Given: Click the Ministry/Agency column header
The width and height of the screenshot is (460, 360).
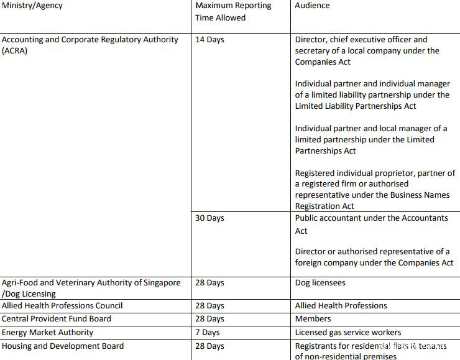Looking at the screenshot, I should point(32,6).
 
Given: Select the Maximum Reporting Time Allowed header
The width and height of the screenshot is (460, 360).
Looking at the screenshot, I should point(233,11).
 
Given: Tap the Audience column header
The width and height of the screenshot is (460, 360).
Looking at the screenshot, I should point(312,6).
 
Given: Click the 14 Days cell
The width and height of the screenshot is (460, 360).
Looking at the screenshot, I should point(209,40).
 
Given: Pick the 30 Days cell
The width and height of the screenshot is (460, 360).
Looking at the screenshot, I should point(209,218).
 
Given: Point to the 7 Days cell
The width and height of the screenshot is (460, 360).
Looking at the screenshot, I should point(207,333).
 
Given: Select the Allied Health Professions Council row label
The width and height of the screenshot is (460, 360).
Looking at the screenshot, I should point(62,306).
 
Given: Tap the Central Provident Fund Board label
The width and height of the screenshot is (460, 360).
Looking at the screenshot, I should point(57,319).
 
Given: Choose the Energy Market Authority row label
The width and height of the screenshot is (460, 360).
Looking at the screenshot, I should point(48,333).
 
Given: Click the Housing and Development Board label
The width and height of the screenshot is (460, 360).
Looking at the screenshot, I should point(63,346).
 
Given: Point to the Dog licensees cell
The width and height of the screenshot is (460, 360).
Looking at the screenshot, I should point(320,283).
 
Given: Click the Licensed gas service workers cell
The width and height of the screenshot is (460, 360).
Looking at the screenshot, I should point(348,333).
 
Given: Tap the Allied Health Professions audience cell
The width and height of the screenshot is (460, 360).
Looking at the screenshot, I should point(341,306).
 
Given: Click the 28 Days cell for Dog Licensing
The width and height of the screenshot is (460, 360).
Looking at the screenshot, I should point(209,283).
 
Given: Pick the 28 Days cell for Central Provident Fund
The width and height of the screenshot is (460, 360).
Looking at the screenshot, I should point(209,319).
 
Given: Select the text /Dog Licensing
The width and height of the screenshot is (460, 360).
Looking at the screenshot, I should point(29,294).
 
